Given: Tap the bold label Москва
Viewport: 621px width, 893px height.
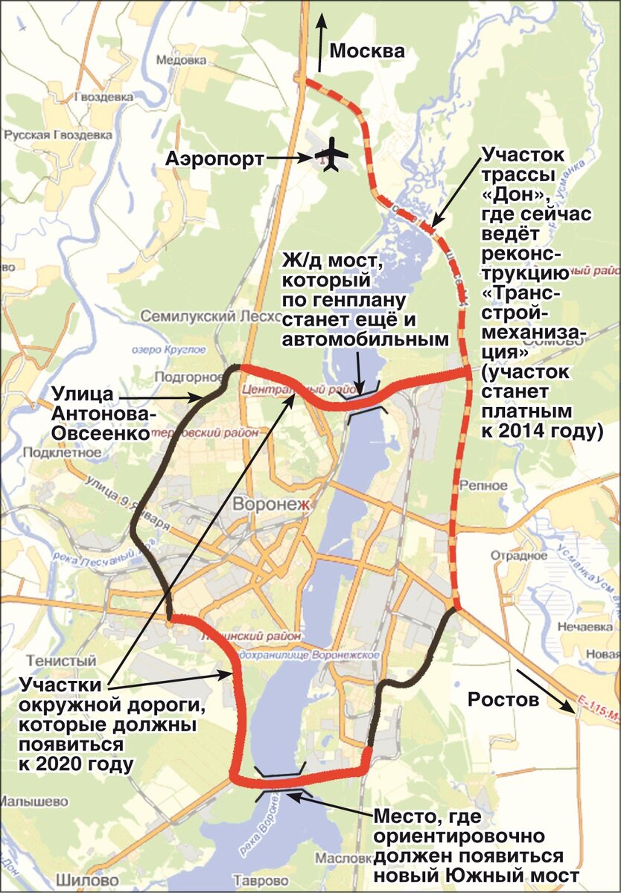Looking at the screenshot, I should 367,51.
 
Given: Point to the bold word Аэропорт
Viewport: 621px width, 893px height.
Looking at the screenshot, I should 215,159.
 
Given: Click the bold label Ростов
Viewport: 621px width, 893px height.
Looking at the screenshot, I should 503,700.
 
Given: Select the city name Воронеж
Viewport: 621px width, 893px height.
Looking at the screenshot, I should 271,505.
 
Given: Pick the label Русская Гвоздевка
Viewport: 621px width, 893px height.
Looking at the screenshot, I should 57,135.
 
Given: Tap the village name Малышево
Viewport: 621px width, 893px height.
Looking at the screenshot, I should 34,802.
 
